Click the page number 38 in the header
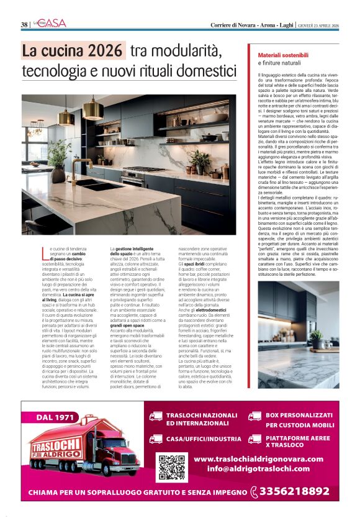tap(24, 24)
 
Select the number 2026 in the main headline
tap(107, 50)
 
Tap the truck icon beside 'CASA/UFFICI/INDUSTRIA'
tap(156, 438)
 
